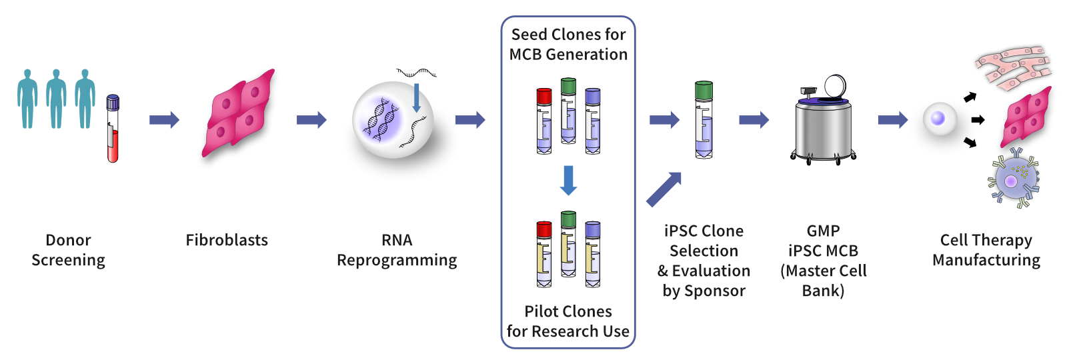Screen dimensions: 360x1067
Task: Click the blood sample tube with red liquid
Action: click(x=113, y=130)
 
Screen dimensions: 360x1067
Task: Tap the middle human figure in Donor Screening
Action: click(x=56, y=98)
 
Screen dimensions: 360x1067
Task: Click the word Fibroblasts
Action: click(x=227, y=240)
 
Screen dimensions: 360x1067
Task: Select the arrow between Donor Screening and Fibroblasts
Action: click(x=164, y=120)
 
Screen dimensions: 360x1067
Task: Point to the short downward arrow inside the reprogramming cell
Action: click(x=417, y=97)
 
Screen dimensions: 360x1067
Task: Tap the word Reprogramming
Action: click(x=397, y=260)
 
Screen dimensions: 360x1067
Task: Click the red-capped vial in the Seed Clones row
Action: click(x=544, y=121)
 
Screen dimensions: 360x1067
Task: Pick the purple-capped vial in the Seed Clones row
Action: click(x=592, y=121)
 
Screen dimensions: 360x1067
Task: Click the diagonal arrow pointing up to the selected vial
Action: click(x=664, y=189)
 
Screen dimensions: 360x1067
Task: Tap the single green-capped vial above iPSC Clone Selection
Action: click(x=704, y=120)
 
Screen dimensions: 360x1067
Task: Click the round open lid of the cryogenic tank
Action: click(x=835, y=86)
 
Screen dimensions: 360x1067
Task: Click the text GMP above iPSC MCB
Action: click(x=823, y=231)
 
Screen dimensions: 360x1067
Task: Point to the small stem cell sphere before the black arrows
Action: click(x=939, y=119)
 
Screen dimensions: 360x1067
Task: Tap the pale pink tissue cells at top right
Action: click(x=1012, y=67)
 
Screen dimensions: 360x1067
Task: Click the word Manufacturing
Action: click(x=986, y=260)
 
